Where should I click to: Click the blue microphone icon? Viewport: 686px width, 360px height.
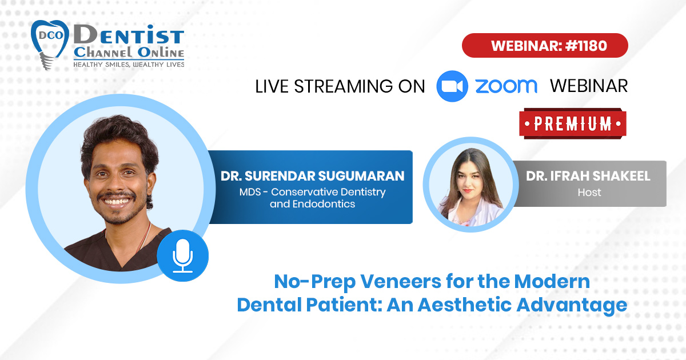point(183,255)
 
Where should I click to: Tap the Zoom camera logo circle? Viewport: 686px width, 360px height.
point(452,86)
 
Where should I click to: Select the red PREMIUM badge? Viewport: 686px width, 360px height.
point(573,123)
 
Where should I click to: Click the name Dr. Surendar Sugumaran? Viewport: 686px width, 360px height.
point(312,176)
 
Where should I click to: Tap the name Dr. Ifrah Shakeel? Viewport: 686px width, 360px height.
point(588,176)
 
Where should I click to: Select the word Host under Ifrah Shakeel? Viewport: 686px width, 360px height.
point(589,193)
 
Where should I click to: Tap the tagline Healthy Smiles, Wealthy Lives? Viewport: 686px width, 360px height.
point(129,65)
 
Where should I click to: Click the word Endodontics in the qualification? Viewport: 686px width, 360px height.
point(324,204)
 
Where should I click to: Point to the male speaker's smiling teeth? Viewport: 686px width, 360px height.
point(117,202)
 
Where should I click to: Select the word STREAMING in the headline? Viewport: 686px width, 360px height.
point(343,86)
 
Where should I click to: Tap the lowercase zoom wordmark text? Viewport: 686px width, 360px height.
point(506,86)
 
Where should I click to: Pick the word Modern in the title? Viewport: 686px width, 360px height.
point(552,281)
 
